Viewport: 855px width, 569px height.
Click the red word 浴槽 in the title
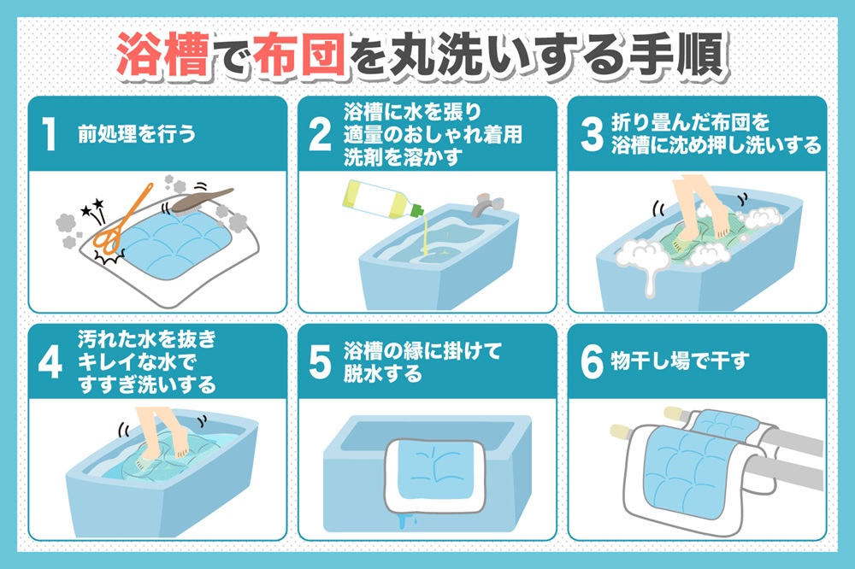click(162, 55)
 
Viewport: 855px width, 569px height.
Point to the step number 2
click(320, 134)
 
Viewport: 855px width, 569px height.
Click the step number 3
click(591, 134)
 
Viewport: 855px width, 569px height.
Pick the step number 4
click(50, 362)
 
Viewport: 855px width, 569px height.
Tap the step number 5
click(320, 362)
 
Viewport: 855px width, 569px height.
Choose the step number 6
click(591, 362)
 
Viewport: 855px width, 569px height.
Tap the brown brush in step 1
click(202, 201)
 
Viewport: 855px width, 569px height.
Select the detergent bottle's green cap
click(417, 210)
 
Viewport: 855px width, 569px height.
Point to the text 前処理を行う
click(136, 134)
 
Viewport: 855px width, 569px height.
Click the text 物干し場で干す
click(680, 361)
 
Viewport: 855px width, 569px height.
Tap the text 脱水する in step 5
click(383, 374)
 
